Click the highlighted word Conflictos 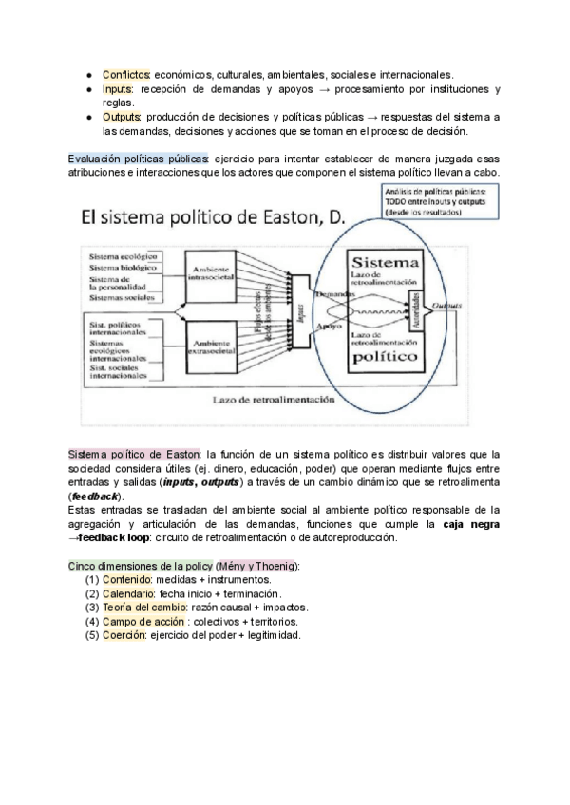124,74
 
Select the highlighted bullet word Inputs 120,88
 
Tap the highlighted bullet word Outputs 123,117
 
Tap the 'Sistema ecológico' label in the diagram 123,257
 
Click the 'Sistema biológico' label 123,268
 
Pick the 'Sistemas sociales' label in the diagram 123,297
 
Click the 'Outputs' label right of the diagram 446,306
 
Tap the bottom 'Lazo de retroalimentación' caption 274,400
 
